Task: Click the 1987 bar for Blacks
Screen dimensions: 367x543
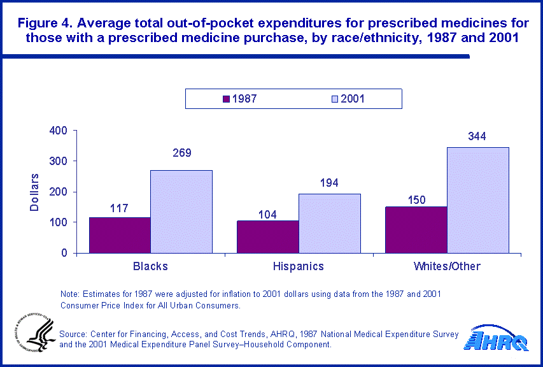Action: pos(120,235)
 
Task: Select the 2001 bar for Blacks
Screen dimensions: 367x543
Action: pos(181,212)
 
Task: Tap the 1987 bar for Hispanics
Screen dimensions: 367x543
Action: pos(267,237)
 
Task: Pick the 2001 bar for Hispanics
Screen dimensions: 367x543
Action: pos(329,223)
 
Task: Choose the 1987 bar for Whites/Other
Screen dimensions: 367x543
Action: pos(416,230)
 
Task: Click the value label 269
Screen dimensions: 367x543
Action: pos(181,153)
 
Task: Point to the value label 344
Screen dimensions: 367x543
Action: pos(477,136)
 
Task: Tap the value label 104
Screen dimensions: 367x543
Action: pos(267,214)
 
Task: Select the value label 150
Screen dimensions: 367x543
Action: pos(416,200)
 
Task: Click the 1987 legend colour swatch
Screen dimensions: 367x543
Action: pos(226,99)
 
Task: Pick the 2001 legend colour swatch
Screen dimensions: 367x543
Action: pos(334,99)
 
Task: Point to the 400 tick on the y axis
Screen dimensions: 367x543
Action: pos(59,131)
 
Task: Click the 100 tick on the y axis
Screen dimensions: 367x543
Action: pos(59,222)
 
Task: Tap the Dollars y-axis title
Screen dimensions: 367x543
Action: pos(36,192)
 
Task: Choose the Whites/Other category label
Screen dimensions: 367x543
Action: pos(447,266)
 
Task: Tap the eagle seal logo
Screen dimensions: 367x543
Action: pos(32,335)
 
